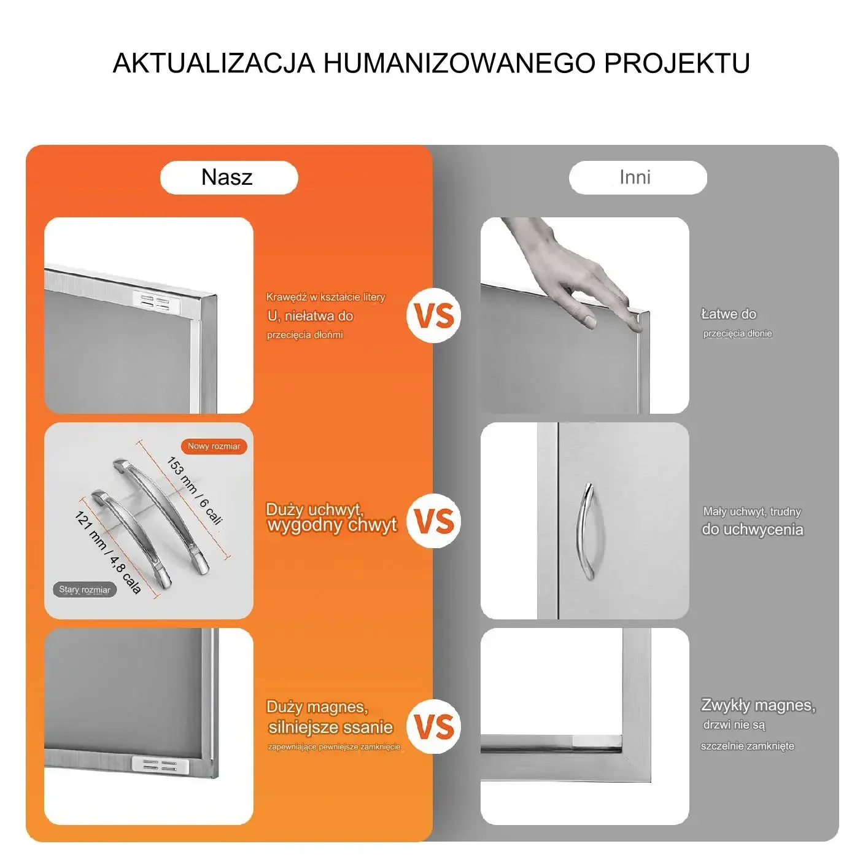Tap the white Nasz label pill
coord(229,177)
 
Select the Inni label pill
coord(638,177)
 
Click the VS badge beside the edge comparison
coord(433,316)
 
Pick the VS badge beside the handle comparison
coord(433,521)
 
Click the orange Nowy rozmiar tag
coord(214,446)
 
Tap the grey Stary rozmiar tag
coord(85,590)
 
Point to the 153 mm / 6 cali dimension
coord(195,491)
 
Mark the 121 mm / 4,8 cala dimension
coord(108,552)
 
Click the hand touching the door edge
coord(570,275)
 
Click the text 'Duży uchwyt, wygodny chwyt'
coord(331,517)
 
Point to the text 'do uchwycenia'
coord(752,530)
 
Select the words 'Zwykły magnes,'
coord(758,705)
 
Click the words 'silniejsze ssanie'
coord(331,727)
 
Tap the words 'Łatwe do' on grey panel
coord(729,314)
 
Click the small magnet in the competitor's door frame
coord(596,740)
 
